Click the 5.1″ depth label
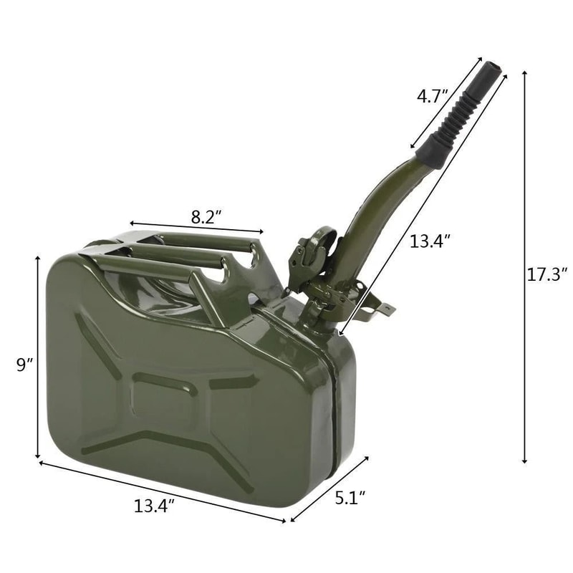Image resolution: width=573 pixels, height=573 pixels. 352,496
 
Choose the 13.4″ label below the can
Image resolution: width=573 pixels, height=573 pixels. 153,506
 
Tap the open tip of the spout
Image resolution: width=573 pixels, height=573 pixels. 493,70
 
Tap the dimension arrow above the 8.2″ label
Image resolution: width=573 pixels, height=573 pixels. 196,228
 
